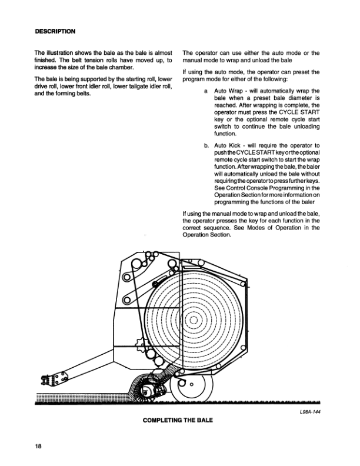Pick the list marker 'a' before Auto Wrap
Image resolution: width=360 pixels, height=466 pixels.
click(205, 91)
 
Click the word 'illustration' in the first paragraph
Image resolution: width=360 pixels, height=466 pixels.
click(62, 53)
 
